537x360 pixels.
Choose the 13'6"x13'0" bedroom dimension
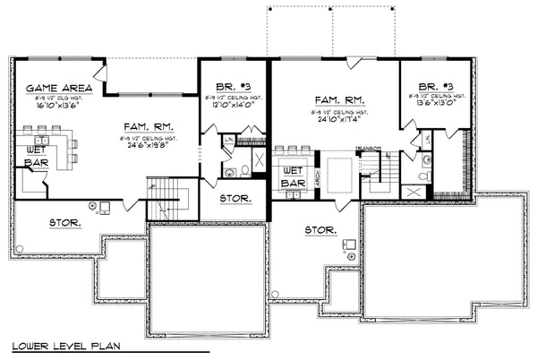pos(436,101)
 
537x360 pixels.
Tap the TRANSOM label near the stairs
pos(369,148)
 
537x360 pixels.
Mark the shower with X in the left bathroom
pos(258,161)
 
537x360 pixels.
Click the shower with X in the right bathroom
pos(413,191)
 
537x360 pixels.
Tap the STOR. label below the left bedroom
pos(235,197)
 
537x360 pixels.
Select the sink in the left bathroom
pos(244,171)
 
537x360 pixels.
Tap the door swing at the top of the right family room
pos(354,62)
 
